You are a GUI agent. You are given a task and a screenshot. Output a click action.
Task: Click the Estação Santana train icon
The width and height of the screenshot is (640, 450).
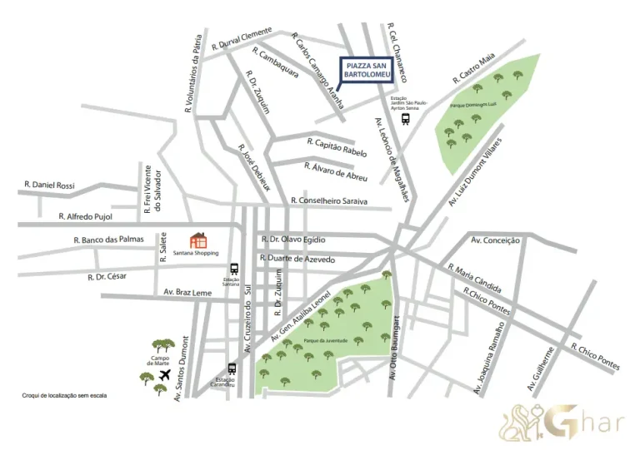[233, 270]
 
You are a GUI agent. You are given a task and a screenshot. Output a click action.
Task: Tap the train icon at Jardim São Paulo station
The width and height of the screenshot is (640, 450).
[405, 118]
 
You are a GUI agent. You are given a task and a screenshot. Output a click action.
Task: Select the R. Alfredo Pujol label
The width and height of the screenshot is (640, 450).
[85, 215]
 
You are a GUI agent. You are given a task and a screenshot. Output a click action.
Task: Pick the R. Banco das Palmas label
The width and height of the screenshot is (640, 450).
[108, 240]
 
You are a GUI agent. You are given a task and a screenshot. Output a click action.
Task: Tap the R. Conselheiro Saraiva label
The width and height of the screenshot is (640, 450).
[328, 200]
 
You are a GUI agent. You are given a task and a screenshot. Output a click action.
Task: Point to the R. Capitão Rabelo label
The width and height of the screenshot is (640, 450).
[337, 147]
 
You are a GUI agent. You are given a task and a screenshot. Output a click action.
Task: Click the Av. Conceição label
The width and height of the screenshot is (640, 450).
[495, 240]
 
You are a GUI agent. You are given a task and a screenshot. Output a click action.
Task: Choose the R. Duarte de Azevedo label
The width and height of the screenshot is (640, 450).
[297, 259]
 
